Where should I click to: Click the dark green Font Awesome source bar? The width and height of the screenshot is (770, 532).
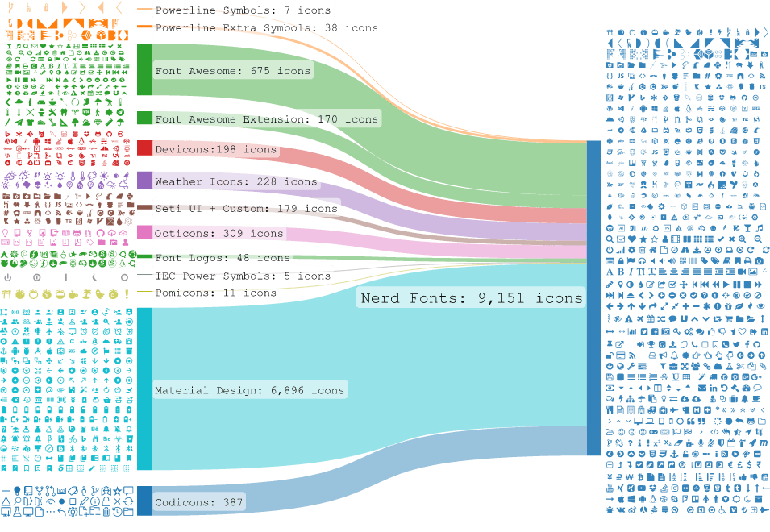pos(144,69)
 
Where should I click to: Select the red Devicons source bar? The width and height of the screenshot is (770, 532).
pos(144,148)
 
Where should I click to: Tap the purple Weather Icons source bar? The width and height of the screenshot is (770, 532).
pos(144,180)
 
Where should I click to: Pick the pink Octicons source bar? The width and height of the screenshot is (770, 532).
pos(144,232)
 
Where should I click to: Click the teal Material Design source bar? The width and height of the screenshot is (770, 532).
pos(144,389)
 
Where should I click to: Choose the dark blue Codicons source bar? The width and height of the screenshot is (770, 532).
pos(144,501)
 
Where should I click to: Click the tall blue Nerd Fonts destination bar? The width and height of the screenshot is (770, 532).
pos(594,298)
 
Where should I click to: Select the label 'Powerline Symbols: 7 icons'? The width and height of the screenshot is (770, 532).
pos(243,10)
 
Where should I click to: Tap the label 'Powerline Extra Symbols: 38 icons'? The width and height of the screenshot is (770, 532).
pos(267,28)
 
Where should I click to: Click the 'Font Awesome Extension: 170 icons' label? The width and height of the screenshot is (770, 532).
pos(267,118)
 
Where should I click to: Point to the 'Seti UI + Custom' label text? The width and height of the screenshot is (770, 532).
pos(210,208)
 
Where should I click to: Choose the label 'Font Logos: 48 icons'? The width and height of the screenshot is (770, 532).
pos(223,258)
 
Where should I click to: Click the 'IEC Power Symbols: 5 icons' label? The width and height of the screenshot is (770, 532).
pos(243,276)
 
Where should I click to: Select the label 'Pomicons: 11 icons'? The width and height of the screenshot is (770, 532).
pos(215,293)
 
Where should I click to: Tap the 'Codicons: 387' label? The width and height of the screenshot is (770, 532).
pos(199,502)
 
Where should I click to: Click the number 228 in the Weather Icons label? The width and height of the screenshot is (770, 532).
pos(267,181)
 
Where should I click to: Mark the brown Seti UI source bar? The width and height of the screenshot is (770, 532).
pos(144,207)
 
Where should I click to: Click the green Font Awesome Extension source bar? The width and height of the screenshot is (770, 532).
pos(144,118)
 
